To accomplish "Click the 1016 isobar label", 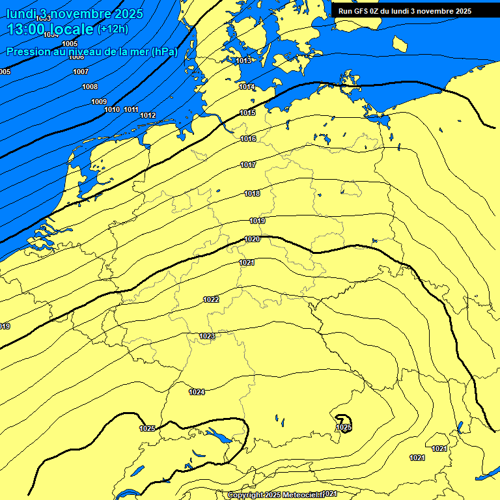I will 248,139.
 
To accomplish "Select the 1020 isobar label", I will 253,240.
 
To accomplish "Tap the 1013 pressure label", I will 243,61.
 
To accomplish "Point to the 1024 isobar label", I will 197,392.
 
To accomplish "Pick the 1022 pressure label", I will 211,299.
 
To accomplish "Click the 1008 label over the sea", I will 90,87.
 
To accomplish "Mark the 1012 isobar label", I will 148,115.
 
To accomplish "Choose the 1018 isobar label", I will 252,193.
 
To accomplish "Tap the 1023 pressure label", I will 207,336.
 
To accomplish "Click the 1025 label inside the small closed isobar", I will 344,427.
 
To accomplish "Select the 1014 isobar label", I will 247,87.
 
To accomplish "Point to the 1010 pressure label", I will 112,109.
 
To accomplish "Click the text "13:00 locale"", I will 51,29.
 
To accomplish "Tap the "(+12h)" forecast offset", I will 113,29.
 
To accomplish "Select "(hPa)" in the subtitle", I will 165,51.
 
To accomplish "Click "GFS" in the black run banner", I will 363,11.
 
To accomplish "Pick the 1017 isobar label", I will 248,165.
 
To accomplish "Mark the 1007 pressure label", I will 81,72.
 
